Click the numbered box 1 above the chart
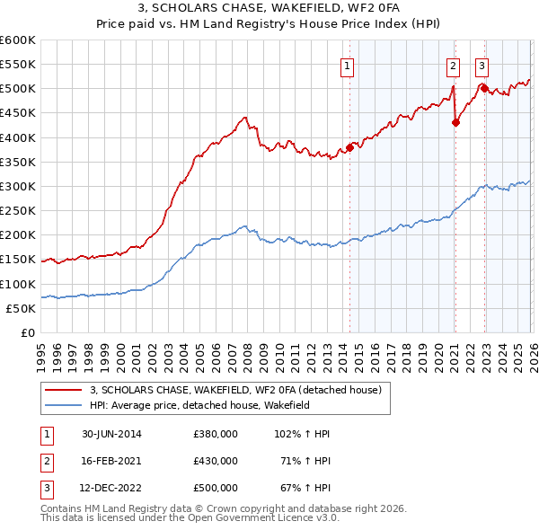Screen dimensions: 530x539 (347, 65)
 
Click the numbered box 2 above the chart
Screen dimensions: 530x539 (453, 65)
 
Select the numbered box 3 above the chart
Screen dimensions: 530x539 (482, 65)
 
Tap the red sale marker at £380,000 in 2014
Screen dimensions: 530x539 (349, 148)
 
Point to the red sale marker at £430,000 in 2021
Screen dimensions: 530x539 (455, 123)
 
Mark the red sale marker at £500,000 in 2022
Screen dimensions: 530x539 (484, 88)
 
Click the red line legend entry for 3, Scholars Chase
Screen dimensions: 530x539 (235, 390)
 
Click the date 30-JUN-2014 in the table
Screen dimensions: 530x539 (111, 434)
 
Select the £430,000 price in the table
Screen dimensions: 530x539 (216, 461)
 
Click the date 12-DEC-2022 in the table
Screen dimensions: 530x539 (111, 489)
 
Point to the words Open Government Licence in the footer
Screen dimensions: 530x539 (269, 518)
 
